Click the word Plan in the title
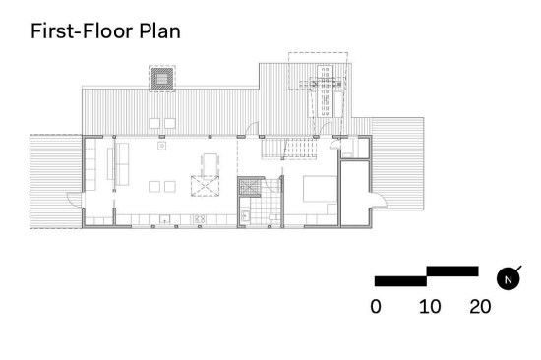point(159,31)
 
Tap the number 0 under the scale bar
point(376,307)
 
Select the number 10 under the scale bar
point(430,307)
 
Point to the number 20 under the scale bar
point(480,307)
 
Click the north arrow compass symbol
point(509,279)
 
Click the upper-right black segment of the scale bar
point(452,271)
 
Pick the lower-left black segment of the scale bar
point(401,281)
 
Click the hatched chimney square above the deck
point(162,79)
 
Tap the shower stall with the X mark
point(250,188)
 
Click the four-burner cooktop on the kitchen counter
point(200,218)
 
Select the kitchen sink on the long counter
point(165,218)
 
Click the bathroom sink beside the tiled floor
point(245,215)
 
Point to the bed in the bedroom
point(320,189)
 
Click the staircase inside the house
point(289,149)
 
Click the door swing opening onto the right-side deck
point(379,200)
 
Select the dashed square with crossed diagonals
point(205,186)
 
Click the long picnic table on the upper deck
point(326,90)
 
